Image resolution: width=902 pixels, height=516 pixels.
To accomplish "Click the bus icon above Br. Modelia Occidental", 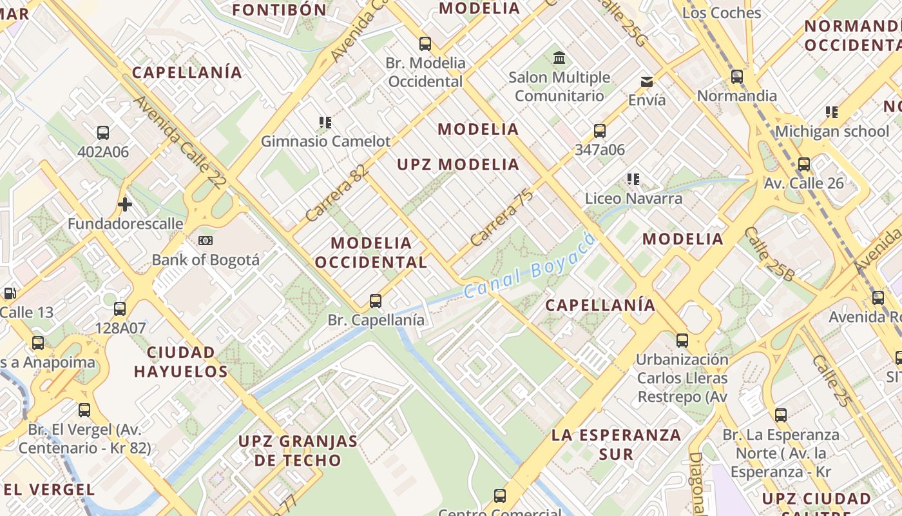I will (425, 44).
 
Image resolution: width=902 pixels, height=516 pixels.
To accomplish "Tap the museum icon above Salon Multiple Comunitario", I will (559, 58).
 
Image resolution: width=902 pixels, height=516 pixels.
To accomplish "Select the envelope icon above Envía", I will (646, 81).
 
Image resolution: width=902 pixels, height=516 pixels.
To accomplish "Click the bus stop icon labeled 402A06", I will (103, 133).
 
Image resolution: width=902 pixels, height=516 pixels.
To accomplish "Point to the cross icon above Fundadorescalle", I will (125, 205).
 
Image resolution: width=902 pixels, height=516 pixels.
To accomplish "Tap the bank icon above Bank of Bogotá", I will (206, 241).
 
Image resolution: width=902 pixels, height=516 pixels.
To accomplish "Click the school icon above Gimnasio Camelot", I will (325, 122).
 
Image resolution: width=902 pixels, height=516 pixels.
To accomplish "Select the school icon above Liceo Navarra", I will (633, 179).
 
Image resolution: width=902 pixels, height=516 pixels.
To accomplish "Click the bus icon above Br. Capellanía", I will (376, 301).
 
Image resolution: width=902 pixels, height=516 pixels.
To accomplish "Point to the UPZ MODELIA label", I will (458, 164).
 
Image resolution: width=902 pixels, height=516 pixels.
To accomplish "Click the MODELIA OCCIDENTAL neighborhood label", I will (371, 252).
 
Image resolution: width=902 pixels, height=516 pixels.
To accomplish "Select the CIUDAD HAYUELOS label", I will (181, 362).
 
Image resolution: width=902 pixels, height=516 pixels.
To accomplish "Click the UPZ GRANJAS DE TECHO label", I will (298, 451).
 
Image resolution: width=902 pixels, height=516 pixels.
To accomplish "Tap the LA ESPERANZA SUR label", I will (616, 444).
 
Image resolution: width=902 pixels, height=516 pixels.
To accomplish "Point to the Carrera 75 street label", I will (502, 217).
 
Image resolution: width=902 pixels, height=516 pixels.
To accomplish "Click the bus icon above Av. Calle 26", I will (804, 164).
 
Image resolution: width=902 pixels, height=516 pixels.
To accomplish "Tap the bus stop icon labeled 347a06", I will (600, 131).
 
